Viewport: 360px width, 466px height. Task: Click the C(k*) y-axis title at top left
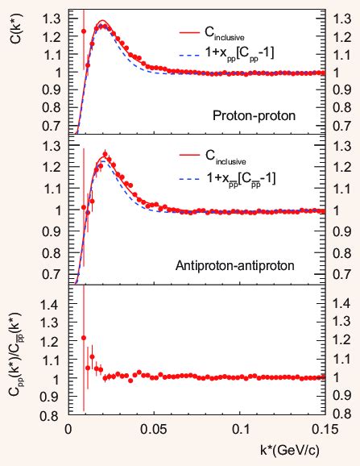(15, 26)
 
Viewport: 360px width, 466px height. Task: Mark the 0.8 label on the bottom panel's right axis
(341, 417)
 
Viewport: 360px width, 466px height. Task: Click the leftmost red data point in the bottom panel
(84, 338)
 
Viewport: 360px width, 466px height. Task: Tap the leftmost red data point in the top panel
(84, 31)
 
